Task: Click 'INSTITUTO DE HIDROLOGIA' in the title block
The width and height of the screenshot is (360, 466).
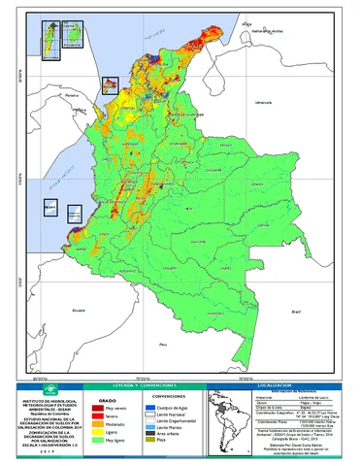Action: coord(49,399)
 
